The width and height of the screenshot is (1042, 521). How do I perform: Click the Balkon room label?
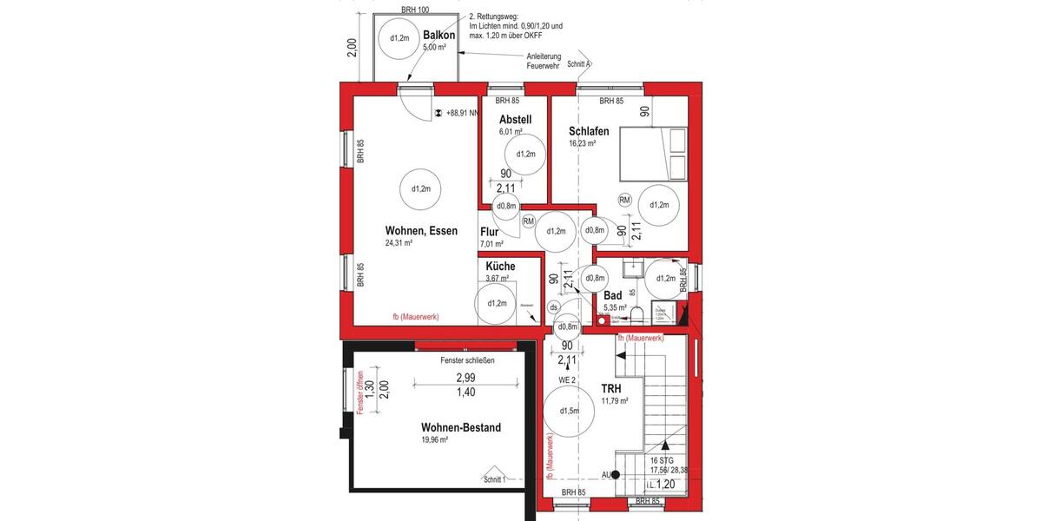[x=439, y=36]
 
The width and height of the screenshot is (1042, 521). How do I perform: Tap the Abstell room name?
[x=514, y=120]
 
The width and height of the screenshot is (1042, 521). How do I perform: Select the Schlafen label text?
[x=589, y=131]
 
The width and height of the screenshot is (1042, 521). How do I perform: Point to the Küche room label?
[x=500, y=267]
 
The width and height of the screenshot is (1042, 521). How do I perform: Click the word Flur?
[x=489, y=232]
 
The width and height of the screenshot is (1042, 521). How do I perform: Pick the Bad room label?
[x=612, y=295]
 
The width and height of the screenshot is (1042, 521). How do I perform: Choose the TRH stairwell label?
[x=613, y=388]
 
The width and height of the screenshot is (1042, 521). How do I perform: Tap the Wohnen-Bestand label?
[x=460, y=427]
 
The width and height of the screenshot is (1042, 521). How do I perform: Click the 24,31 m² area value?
[x=399, y=244]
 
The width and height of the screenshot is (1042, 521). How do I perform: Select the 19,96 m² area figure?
[x=434, y=440]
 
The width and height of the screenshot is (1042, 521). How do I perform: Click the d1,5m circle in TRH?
[x=569, y=411]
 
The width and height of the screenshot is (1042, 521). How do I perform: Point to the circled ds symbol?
[x=554, y=307]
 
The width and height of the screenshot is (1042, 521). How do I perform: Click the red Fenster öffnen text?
[x=358, y=392]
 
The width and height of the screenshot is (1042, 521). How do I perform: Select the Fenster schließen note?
[x=454, y=360]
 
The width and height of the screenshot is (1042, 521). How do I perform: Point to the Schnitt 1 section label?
[x=493, y=479]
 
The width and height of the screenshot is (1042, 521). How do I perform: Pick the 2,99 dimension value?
[x=465, y=379]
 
